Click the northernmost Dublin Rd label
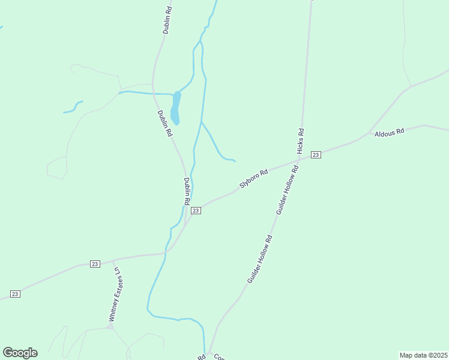point(169,20)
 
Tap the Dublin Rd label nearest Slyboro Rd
point(187,191)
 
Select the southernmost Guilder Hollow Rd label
point(259,259)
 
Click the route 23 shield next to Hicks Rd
point(316,155)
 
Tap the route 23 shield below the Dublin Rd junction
point(196,211)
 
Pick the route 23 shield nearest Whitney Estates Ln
point(95,264)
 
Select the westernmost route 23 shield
point(15,293)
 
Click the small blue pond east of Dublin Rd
point(175,108)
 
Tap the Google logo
point(20,352)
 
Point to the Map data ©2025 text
point(423,355)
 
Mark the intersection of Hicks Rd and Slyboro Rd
point(299,160)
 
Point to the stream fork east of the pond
point(202,122)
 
